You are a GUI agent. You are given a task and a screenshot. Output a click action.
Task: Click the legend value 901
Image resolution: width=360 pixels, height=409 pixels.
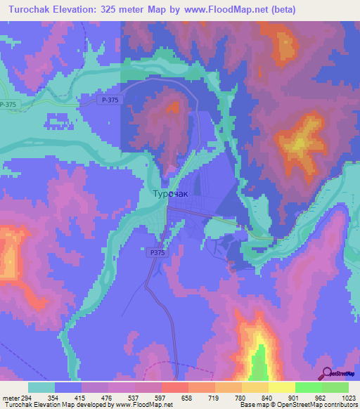point(295,398)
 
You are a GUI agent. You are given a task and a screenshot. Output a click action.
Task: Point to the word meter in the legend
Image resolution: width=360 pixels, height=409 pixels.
point(11,398)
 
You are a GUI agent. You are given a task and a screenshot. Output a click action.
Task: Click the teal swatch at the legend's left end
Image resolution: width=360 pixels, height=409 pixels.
point(41,387)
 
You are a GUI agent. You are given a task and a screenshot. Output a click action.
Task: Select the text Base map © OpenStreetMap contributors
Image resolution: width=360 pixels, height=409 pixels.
point(298,405)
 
